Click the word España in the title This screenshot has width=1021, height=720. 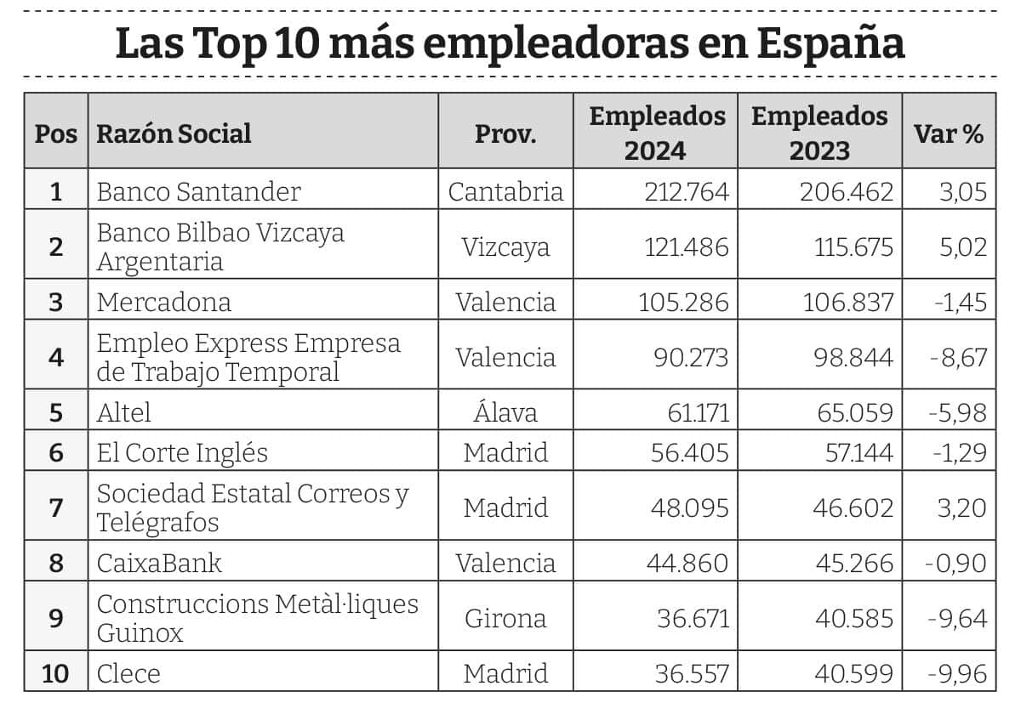830,44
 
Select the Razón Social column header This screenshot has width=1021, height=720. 174,133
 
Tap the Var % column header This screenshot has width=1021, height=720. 948,133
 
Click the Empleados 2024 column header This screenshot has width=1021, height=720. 656,133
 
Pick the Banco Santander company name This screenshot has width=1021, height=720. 198,191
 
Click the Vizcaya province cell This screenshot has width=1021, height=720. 505,247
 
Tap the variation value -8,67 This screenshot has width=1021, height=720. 957,357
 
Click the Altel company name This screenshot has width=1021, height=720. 124,412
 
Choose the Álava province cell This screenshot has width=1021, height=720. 505,412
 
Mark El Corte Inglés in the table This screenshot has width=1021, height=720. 182,453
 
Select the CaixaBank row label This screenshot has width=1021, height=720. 159,563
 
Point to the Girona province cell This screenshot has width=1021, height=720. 505,618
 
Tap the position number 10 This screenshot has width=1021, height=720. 55,673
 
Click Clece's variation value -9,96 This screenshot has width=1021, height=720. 957,673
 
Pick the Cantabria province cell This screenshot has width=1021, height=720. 505,191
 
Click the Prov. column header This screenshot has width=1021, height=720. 505,133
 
